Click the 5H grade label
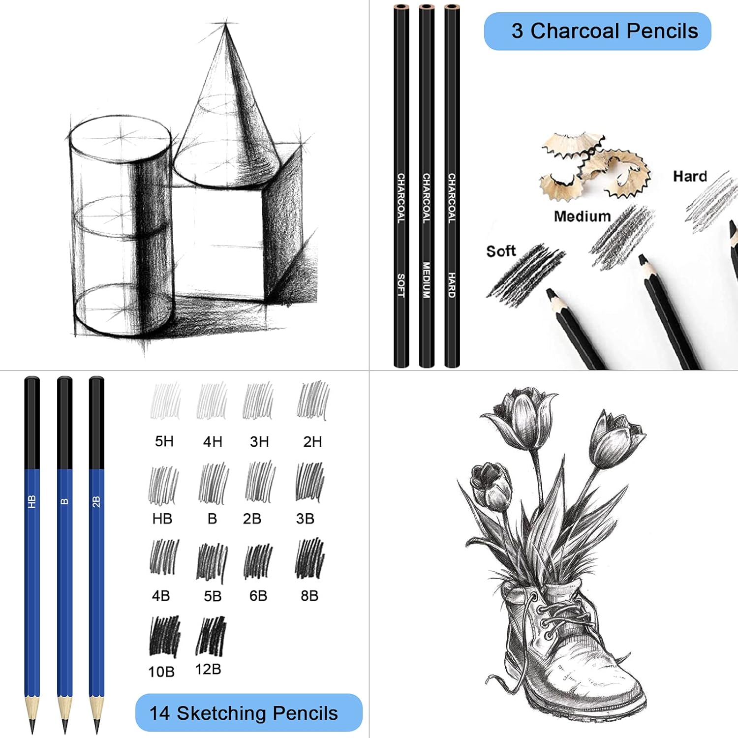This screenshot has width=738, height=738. coord(164,441)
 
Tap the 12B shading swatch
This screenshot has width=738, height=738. coord(211,636)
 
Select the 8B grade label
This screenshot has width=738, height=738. coord(309,595)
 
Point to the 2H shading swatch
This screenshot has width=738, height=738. coord(313,400)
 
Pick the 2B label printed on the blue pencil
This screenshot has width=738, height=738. coord(96,502)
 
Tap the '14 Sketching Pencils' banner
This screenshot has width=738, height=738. coord(248,712)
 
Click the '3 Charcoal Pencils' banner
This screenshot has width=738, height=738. coord(597,31)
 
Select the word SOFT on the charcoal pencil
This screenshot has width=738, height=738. coord(401,285)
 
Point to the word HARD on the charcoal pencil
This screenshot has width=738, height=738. coord(452,285)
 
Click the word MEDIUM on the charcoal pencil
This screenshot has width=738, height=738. coord(427,279)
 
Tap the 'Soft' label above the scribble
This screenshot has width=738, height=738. coord(501,251)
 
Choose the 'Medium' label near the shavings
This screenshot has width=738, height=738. coord(582,216)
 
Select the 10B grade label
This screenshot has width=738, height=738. coord(161,672)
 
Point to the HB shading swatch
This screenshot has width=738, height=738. coord(163,485)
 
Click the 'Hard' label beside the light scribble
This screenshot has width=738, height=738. coord(690,176)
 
